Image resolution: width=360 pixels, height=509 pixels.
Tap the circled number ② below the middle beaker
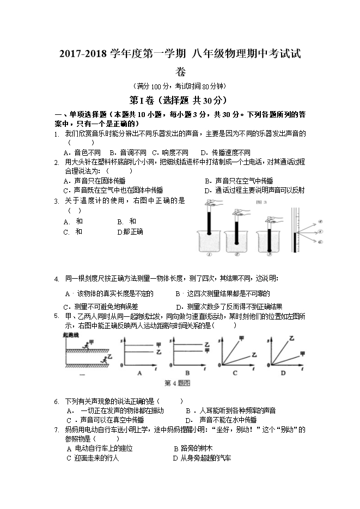(237, 253)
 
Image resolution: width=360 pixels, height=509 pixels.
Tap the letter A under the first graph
(139, 373)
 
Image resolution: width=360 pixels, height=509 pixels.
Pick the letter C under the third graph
(235, 373)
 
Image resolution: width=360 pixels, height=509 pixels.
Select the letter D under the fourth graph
(283, 373)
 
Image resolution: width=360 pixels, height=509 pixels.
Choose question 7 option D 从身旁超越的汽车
(202, 458)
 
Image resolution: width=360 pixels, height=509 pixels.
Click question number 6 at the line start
(57, 401)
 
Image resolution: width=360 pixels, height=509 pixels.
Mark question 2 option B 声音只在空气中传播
(239, 181)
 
